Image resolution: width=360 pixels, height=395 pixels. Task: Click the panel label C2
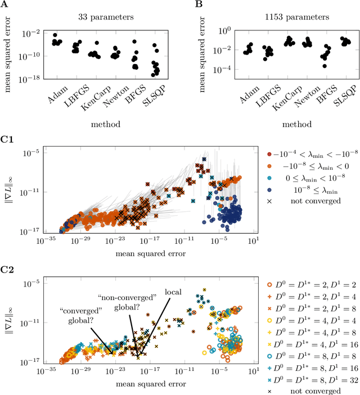pyautogui.click(x=7, y=267)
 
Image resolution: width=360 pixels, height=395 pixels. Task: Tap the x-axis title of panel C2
pyautogui.click(x=145, y=384)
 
